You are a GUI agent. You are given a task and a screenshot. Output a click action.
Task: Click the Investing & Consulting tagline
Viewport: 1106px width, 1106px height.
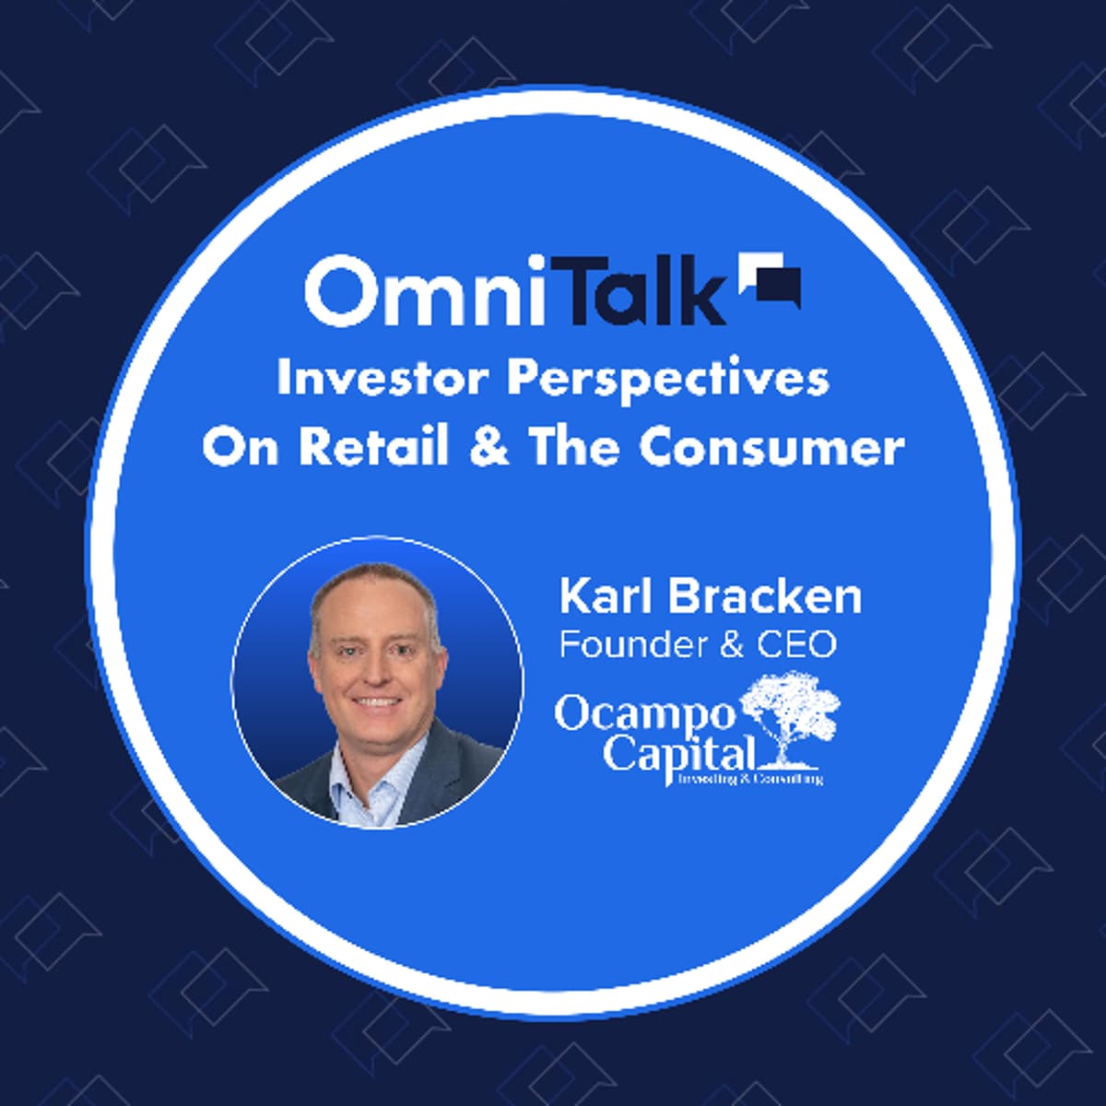coord(748,779)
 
